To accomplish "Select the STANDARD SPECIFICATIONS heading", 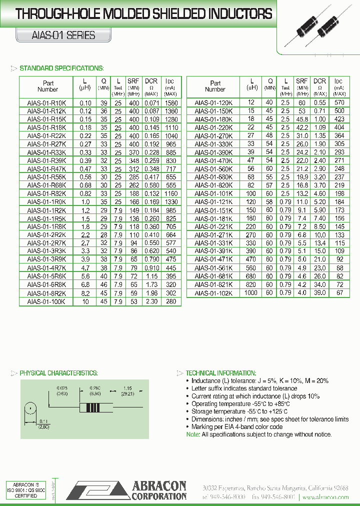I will click(x=61, y=68).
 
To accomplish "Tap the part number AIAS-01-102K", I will click(x=213, y=293).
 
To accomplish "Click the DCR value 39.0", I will click(x=319, y=293).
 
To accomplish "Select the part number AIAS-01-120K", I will click(x=213, y=102).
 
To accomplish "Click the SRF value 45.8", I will click(x=301, y=119).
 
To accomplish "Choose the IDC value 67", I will click(x=340, y=293).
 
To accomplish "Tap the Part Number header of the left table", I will click(x=48, y=86).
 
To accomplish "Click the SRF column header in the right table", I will click(x=301, y=81).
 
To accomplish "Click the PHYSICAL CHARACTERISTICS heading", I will click(x=58, y=373).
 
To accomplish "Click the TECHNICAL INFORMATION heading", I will click(x=220, y=373).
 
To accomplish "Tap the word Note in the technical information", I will click(x=192, y=434).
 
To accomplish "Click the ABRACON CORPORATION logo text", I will click(x=158, y=490).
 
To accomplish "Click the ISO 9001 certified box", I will click(x=25, y=490).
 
